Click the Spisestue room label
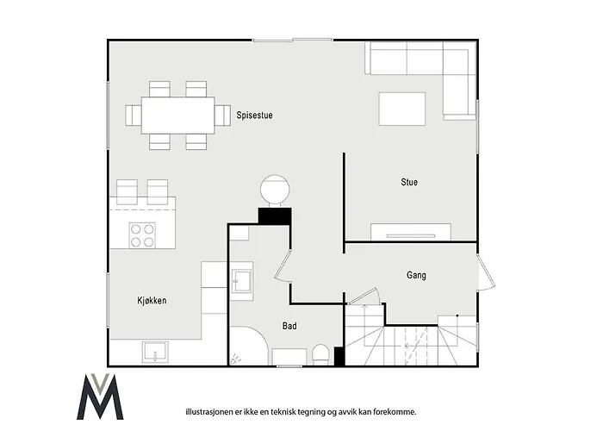point(255,116)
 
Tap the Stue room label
point(409,182)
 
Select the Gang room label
point(416,275)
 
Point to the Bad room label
point(289,326)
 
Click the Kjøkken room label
point(152,301)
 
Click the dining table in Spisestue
point(177,116)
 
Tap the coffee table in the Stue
point(402,109)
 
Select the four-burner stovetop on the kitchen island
point(142,235)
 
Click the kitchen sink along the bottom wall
point(155,352)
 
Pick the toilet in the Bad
point(320,354)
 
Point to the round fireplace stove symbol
point(275,190)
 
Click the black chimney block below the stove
point(275,215)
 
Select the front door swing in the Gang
point(486,272)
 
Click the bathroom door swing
point(283,266)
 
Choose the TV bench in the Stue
point(411,232)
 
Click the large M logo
point(100,397)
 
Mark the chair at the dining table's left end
point(133,116)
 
